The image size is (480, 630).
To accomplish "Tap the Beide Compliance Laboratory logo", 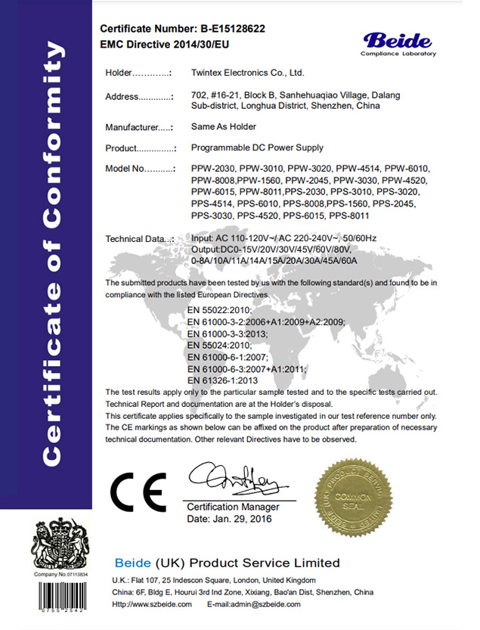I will point(398,43).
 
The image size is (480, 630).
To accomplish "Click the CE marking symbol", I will point(138,492).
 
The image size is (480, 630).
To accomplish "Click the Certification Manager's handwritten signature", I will point(234,478).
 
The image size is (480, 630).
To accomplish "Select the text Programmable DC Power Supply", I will point(258,147).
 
